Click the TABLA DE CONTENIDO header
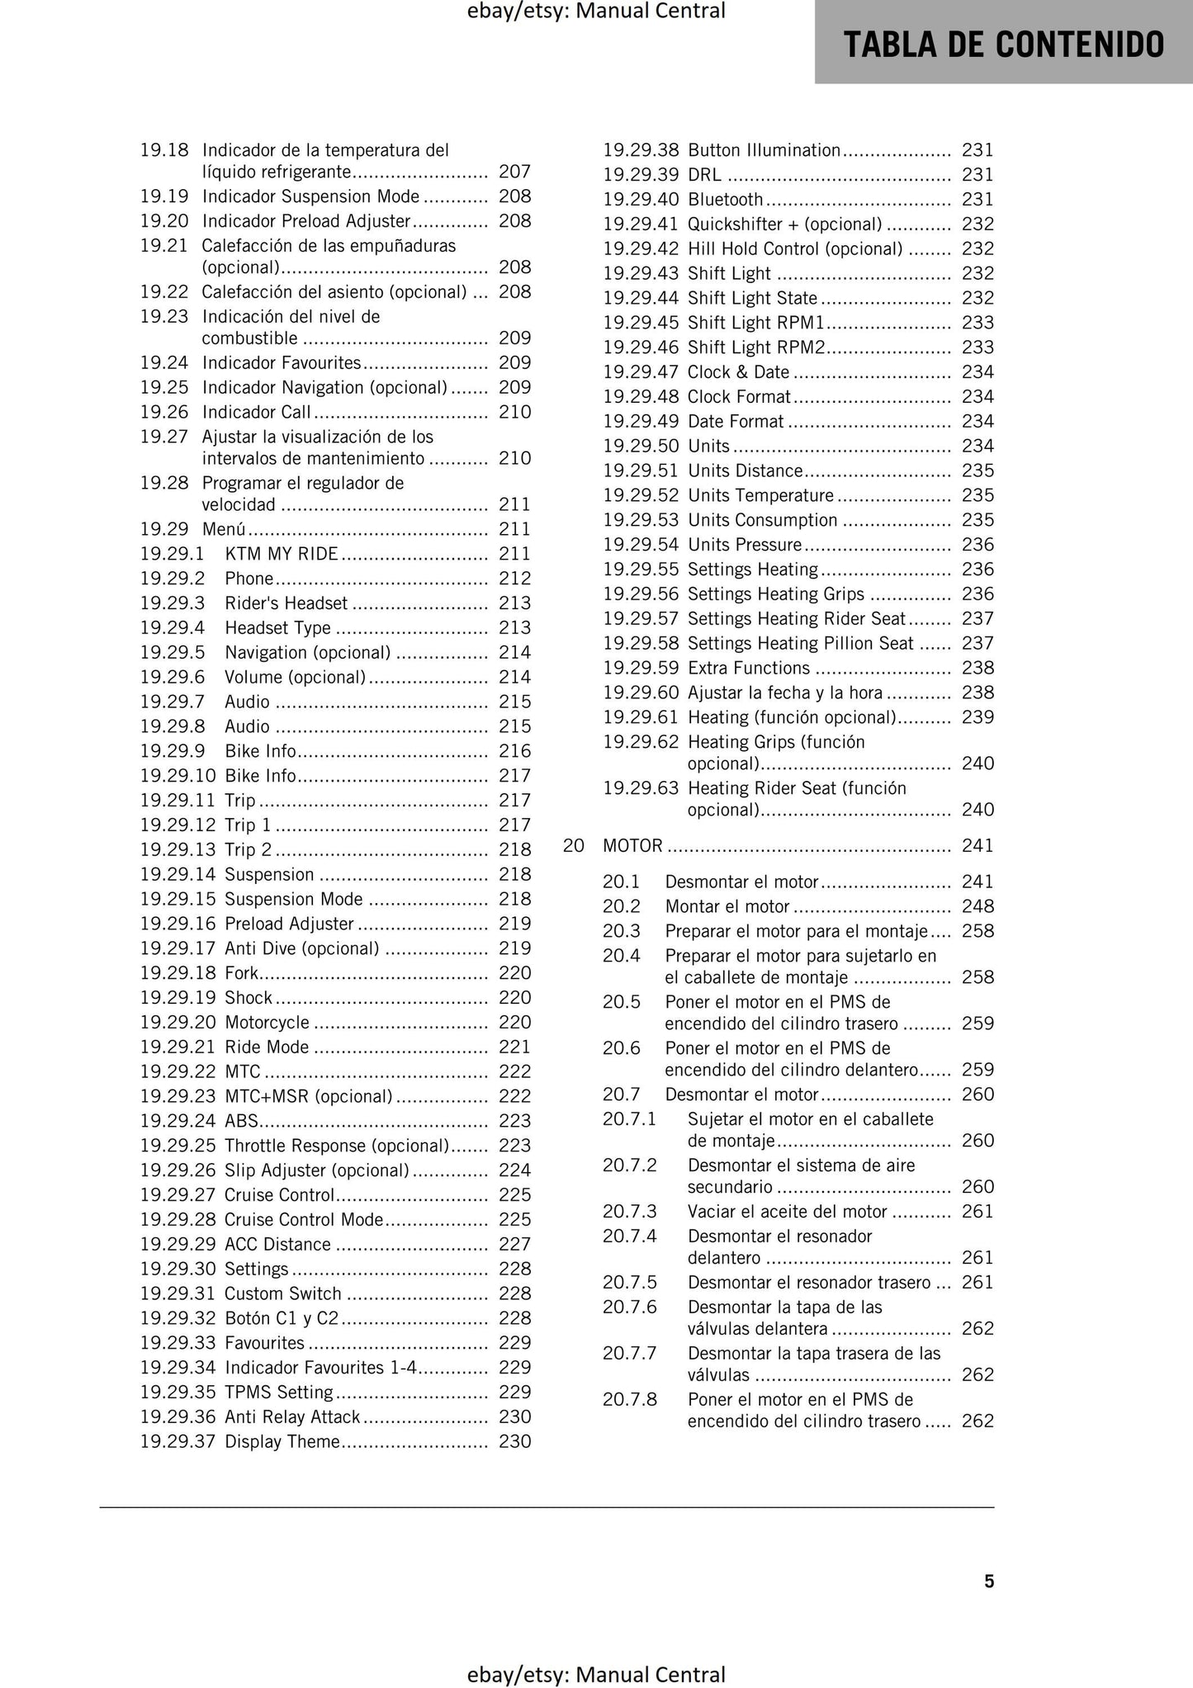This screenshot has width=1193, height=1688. tap(1003, 44)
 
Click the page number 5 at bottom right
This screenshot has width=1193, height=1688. tap(988, 1581)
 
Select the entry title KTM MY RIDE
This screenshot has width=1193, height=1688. tap(282, 554)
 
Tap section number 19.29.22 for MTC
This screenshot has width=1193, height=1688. tap(178, 1072)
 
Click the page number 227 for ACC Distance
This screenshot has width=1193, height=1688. tap(514, 1245)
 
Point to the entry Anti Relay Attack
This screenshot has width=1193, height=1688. tap(292, 1417)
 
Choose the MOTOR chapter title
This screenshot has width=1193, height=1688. tap(632, 846)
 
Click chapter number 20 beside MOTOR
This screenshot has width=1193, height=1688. tap(573, 846)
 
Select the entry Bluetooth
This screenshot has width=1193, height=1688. tap(725, 200)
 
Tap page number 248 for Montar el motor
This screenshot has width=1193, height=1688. tap(978, 907)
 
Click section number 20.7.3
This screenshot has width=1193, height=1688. tap(629, 1212)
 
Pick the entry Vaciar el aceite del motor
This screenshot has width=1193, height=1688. tap(787, 1212)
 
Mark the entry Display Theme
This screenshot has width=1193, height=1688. tap(282, 1442)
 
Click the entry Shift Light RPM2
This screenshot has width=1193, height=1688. tap(756, 348)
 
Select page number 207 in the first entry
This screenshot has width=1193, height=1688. tap(514, 172)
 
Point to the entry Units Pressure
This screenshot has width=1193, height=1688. tap(745, 545)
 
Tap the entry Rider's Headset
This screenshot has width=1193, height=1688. tap(286, 603)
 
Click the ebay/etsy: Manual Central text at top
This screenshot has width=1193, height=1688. tap(596, 11)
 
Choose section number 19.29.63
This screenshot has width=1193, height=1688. tap(640, 788)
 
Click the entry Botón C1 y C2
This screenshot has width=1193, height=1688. tap(282, 1318)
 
